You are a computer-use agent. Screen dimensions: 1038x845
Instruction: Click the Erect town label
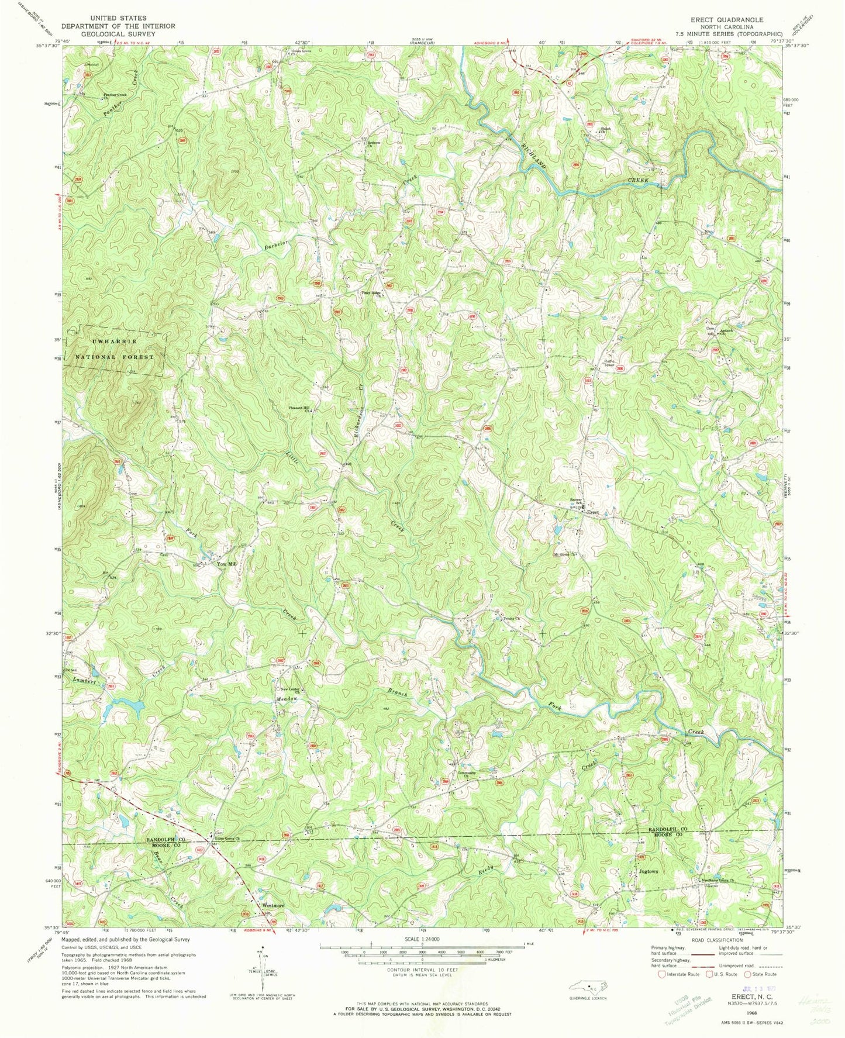tap(593, 513)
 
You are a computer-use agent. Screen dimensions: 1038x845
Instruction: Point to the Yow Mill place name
tap(226, 564)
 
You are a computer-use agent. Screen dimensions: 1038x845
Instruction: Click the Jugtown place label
tap(648, 871)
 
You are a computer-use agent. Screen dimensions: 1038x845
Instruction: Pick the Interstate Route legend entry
tap(679, 974)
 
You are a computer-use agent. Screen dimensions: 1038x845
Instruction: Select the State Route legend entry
tap(760, 974)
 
